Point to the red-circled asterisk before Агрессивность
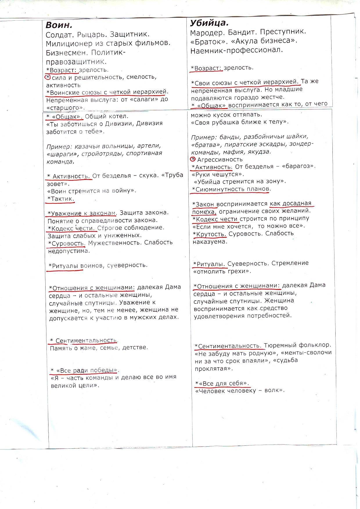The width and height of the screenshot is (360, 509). (x=193, y=159)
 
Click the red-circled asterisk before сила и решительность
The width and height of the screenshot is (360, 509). (x=48, y=77)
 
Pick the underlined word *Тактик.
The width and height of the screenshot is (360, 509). (x=62, y=199)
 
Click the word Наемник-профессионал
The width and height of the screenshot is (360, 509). (x=237, y=50)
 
